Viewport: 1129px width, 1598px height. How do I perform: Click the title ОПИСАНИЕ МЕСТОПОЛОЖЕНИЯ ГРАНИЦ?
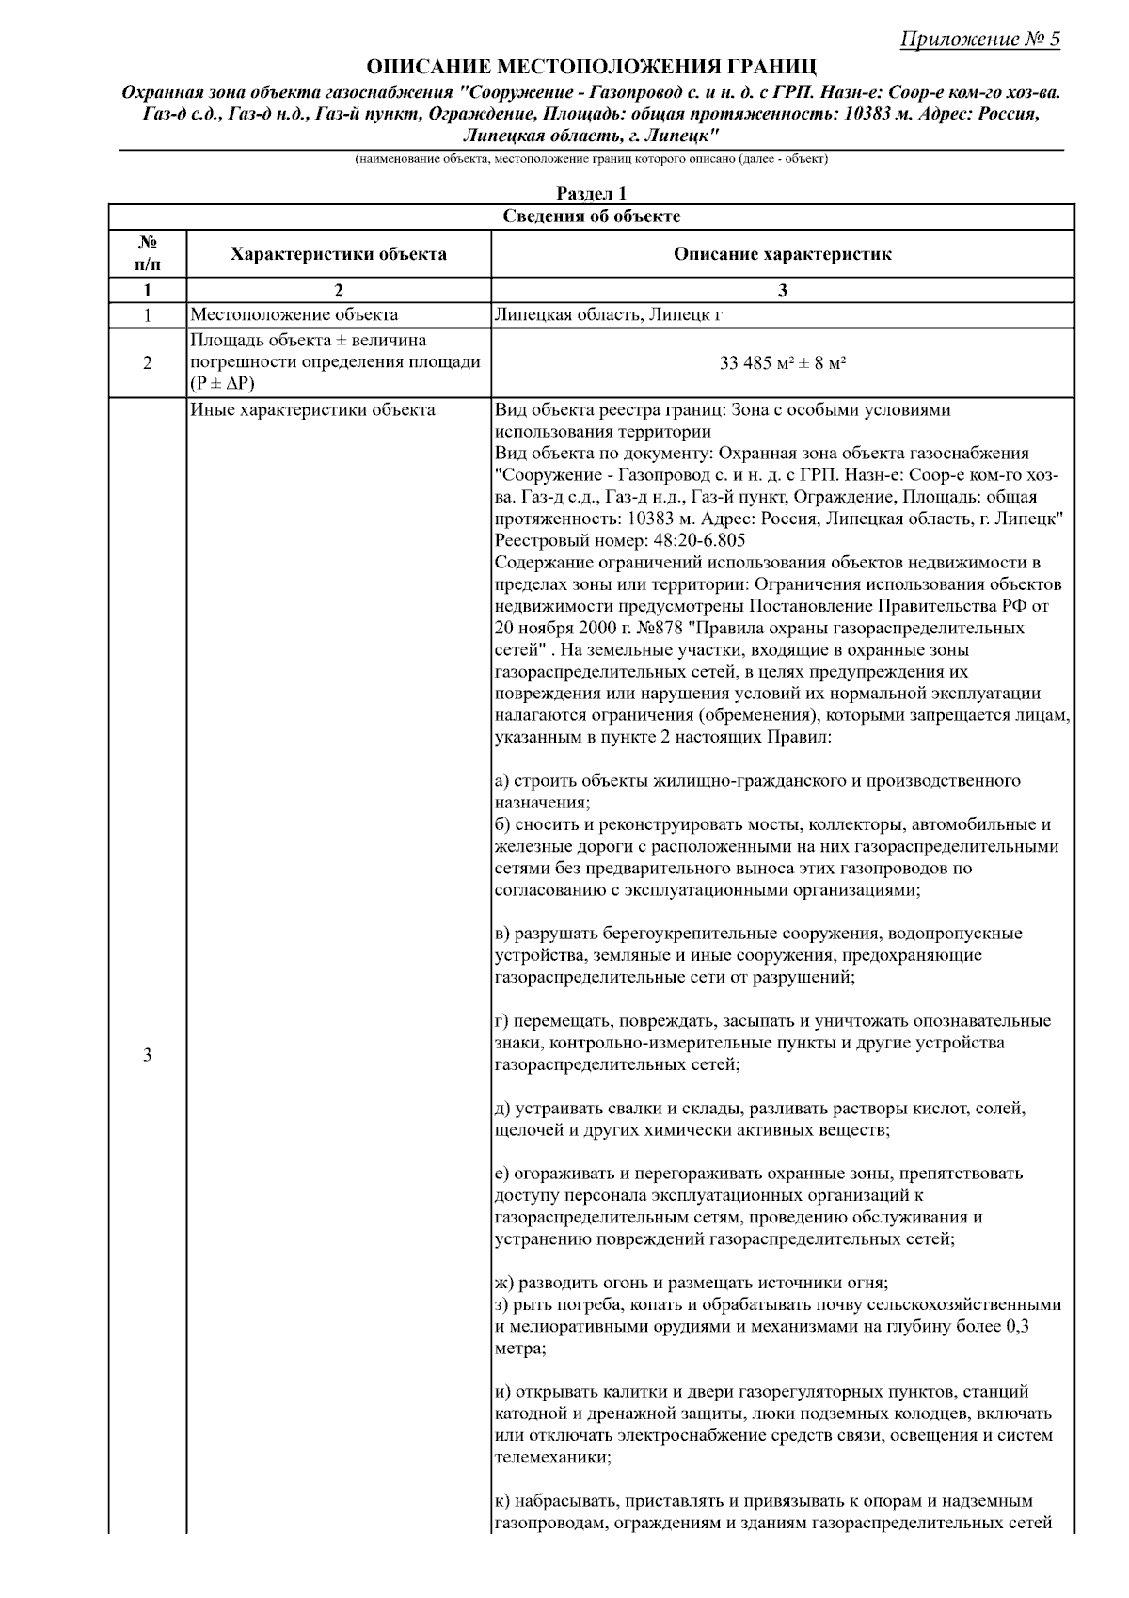[x=591, y=67]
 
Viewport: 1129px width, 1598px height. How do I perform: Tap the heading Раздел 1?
[x=591, y=193]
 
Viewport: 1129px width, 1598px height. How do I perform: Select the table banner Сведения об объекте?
[x=591, y=216]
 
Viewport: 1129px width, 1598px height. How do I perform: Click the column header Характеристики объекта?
[x=339, y=254]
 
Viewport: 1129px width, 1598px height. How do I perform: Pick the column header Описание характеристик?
[x=782, y=254]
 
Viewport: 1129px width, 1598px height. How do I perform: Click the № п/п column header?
[x=147, y=254]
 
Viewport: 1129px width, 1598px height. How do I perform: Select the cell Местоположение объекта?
[x=294, y=314]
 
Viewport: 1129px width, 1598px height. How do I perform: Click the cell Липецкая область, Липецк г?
[x=608, y=314]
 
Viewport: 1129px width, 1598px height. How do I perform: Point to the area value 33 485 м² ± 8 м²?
[x=782, y=362]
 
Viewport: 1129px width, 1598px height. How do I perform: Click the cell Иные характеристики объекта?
[x=312, y=410]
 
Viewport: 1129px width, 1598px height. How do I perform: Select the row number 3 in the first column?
[x=147, y=1055]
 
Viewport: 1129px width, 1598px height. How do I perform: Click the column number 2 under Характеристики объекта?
[x=339, y=291]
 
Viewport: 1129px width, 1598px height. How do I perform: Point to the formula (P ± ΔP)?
[x=222, y=384]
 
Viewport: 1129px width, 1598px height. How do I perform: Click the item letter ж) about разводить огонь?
[x=504, y=1283]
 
